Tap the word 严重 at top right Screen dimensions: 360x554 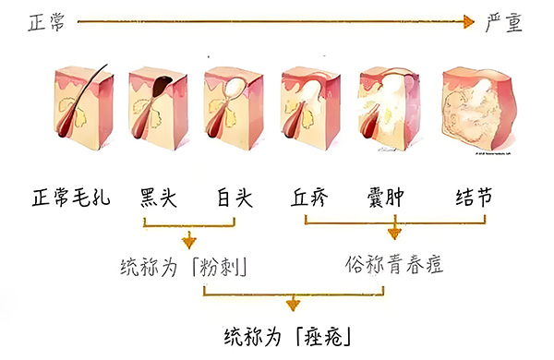(504, 23)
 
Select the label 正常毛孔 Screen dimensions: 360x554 (70, 198)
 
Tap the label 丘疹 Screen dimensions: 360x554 (309, 198)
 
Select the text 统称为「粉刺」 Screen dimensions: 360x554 (188, 266)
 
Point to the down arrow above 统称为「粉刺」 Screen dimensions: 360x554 (189, 237)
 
